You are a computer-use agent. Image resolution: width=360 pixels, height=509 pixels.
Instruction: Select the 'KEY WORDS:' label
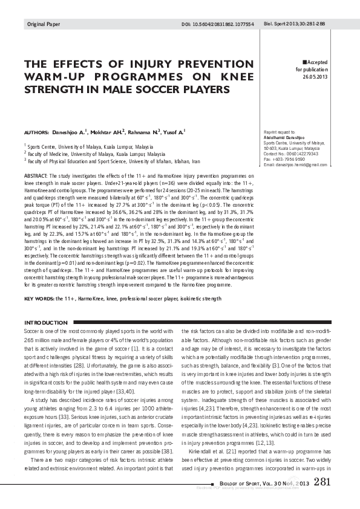tap(38, 299)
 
